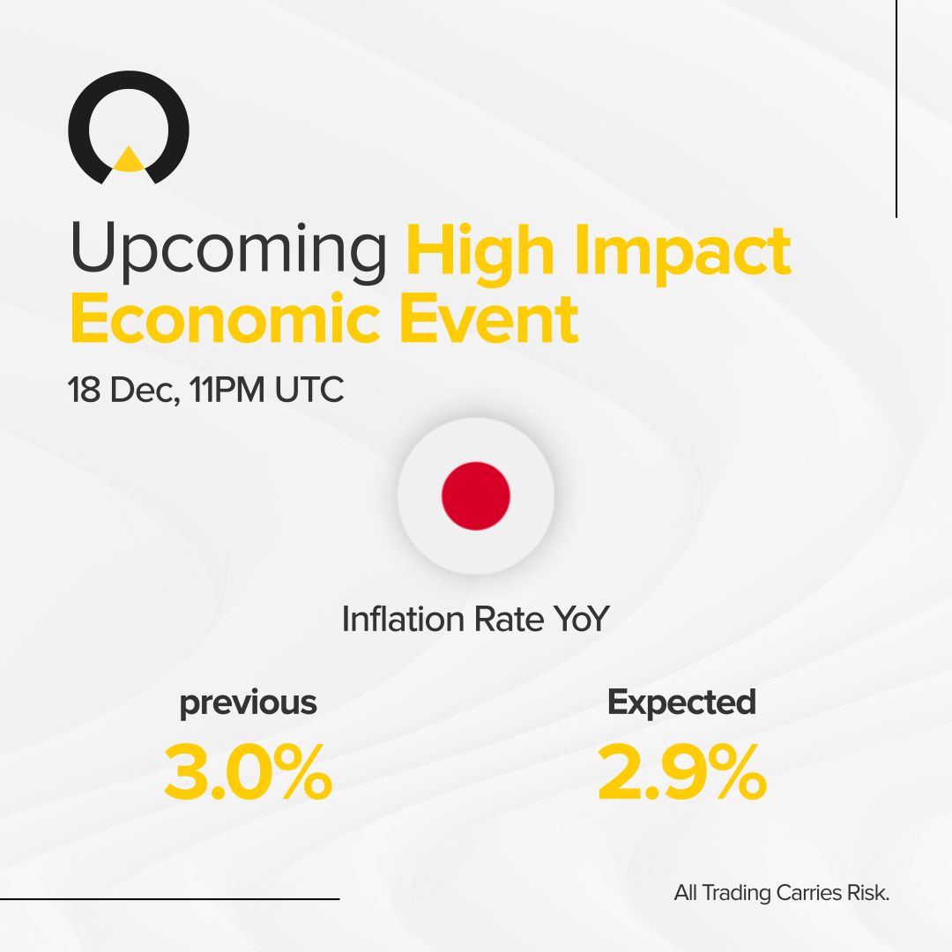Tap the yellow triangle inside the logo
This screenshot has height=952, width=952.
(x=129, y=160)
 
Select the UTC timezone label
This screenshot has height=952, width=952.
(x=309, y=390)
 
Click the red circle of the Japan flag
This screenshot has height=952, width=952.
(x=476, y=495)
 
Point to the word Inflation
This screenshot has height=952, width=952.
(x=404, y=619)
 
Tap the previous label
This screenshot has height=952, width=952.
(x=248, y=703)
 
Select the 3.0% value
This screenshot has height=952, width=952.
(x=248, y=774)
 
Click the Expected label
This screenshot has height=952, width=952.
(x=681, y=703)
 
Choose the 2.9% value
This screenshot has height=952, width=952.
(x=681, y=774)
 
